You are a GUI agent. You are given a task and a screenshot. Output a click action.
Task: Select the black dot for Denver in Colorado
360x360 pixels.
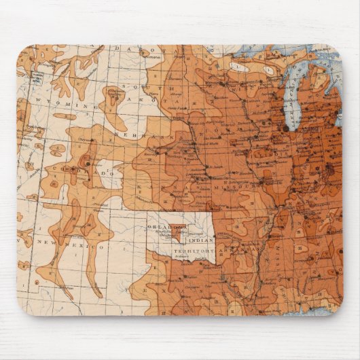(88, 164)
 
